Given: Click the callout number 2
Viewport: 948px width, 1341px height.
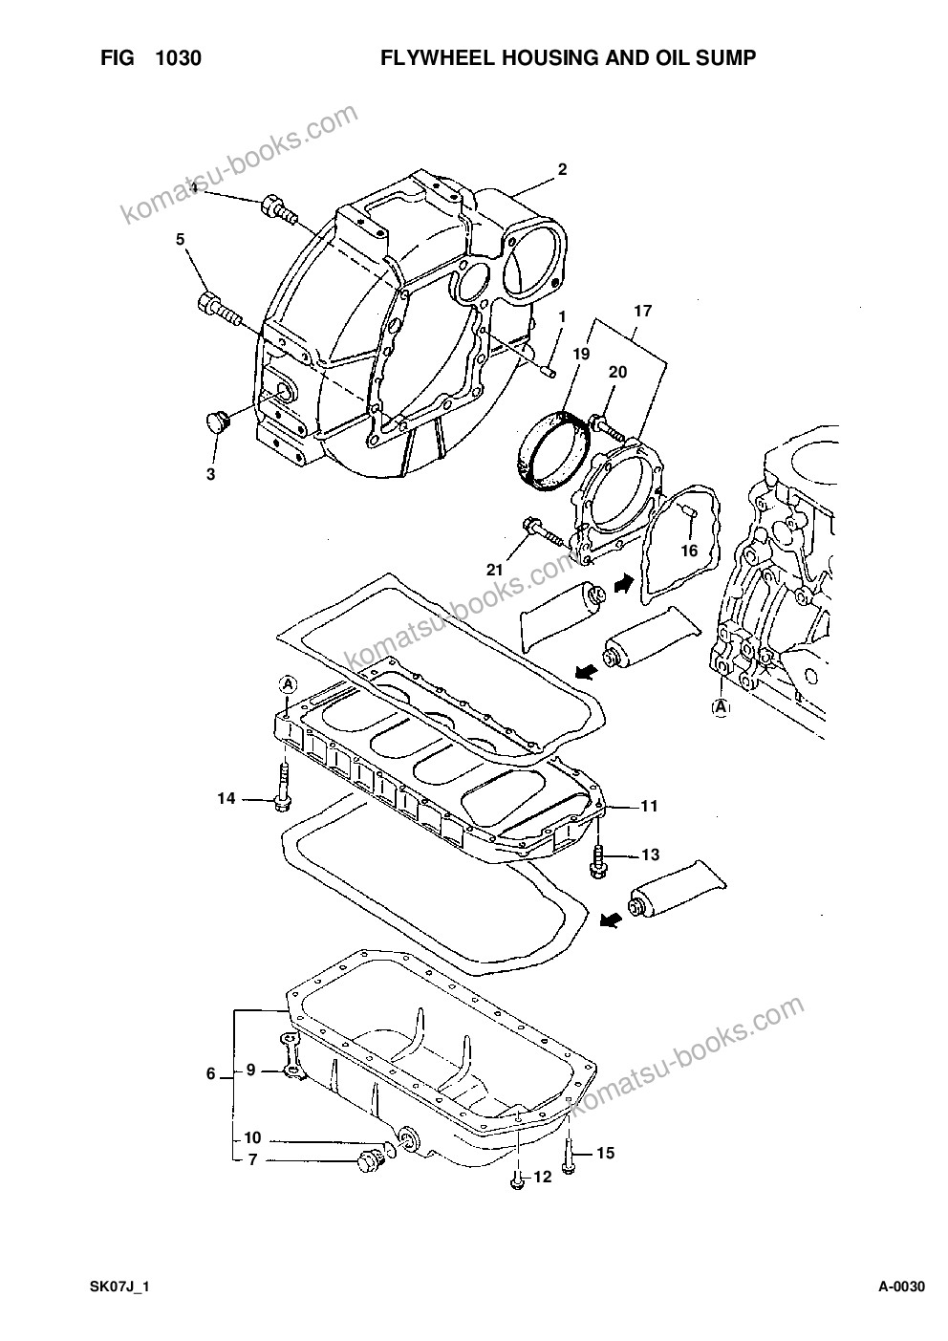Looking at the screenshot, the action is click(x=562, y=169).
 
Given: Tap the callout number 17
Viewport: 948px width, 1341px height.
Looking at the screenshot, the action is click(x=643, y=311).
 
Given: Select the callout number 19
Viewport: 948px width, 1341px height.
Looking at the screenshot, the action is click(x=580, y=354).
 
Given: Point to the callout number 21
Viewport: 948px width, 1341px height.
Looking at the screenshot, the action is click(x=494, y=570).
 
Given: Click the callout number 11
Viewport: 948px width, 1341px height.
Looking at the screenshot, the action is click(x=649, y=806).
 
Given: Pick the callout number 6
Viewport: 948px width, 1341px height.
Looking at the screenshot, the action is click(x=210, y=1073).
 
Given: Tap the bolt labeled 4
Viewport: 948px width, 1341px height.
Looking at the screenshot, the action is click(x=279, y=209).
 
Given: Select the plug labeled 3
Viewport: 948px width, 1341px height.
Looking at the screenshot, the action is click(x=218, y=422).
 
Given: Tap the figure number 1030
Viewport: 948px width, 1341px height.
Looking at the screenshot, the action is click(x=179, y=58).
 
